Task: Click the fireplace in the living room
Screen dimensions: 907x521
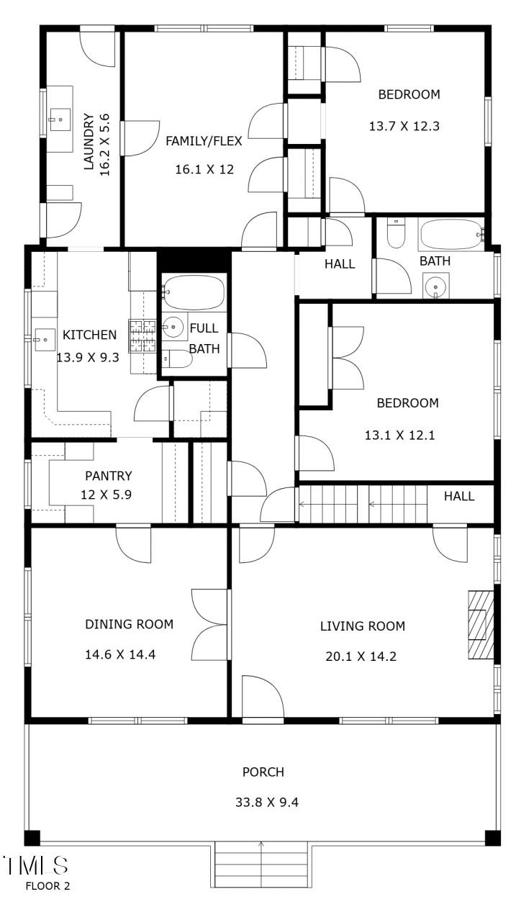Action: (x=481, y=625)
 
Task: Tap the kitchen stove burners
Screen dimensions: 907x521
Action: (x=142, y=335)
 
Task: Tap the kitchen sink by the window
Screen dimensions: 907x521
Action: (x=42, y=336)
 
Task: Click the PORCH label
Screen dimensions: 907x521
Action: (x=263, y=772)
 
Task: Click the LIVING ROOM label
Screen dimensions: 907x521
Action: (x=362, y=626)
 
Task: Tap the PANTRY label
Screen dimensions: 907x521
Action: (x=108, y=475)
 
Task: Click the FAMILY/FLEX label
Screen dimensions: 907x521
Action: (x=204, y=141)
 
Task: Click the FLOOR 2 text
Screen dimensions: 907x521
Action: (x=47, y=885)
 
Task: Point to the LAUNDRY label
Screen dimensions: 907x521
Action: (x=89, y=141)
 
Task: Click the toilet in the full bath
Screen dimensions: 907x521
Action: (x=176, y=358)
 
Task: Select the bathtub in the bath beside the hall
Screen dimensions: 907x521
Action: (x=449, y=234)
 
